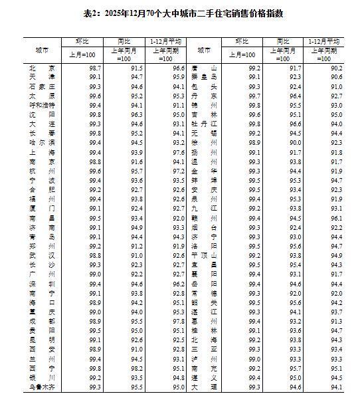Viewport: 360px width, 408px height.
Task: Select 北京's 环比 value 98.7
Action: pos(95,68)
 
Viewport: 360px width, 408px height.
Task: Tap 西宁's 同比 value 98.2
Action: pos(137,367)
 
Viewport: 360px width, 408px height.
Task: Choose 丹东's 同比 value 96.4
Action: pos(295,96)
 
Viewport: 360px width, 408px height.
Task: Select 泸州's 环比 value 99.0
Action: pos(254,358)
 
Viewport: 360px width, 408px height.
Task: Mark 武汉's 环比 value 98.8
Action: pos(95,255)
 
